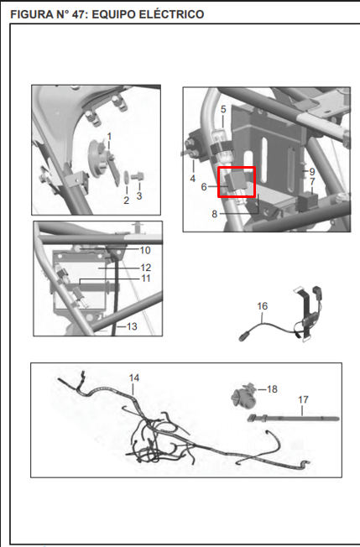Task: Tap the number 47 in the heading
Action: [x=79, y=14]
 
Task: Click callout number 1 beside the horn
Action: [x=109, y=136]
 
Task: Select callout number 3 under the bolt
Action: [x=139, y=195]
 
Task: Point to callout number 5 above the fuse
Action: [x=223, y=109]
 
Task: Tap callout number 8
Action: [x=215, y=214]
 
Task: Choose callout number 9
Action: [x=312, y=172]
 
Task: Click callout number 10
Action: [x=145, y=250]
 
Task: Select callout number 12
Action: [x=146, y=268]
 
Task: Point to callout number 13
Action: [x=132, y=326]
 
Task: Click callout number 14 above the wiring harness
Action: [x=134, y=378]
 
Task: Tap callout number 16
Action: [x=263, y=306]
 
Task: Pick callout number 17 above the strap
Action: [x=303, y=399]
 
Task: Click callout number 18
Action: [x=272, y=389]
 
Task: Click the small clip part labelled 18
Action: [x=244, y=397]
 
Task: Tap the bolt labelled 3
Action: [x=137, y=177]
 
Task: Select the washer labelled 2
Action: [x=125, y=178]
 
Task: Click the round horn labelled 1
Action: [x=97, y=158]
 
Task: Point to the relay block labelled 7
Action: [x=307, y=201]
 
